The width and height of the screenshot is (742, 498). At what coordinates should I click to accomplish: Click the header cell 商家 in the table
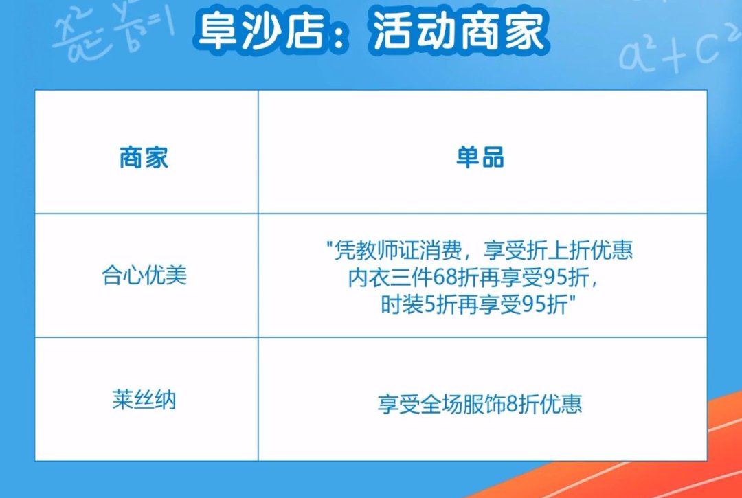144,157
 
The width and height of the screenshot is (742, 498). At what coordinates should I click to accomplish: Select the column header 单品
480,157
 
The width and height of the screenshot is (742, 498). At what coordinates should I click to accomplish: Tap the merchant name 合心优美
144,275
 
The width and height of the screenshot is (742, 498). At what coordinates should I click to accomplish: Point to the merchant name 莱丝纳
144,400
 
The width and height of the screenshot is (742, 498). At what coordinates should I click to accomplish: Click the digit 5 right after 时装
429,306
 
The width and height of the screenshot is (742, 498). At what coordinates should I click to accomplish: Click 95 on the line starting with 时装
534,306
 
